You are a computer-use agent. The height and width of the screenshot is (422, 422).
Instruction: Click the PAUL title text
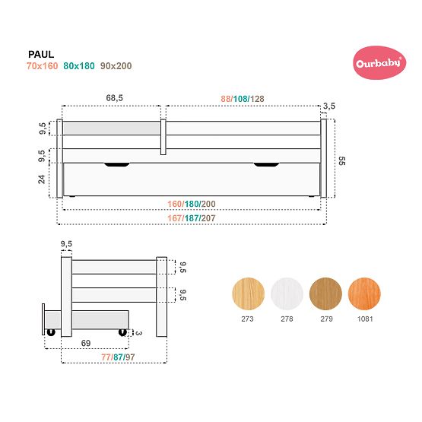pyautogui.click(x=40, y=54)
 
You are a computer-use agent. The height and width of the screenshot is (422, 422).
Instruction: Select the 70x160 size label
pyautogui.click(x=41, y=66)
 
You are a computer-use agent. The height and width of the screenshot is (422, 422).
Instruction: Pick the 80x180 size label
pyautogui.click(x=80, y=66)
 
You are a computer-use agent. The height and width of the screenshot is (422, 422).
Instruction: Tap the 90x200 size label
pyautogui.click(x=116, y=66)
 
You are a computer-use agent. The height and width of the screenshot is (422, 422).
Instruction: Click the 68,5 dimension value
pyautogui.click(x=115, y=98)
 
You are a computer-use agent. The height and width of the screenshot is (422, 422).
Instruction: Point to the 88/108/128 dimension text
pyautogui.click(x=243, y=98)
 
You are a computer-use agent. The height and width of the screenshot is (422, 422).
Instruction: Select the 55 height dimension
pyautogui.click(x=341, y=160)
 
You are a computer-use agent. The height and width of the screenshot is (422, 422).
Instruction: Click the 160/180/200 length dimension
pyautogui.click(x=192, y=204)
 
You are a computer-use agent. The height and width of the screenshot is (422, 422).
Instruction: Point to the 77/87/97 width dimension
pyautogui.click(x=120, y=357)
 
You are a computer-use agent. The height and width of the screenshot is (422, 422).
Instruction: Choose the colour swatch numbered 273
pyautogui.click(x=246, y=292)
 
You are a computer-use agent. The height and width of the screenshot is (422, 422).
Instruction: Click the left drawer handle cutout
pyautogui.click(x=117, y=164)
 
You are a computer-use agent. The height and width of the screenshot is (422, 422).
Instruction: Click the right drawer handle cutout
pyautogui.click(x=267, y=164)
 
